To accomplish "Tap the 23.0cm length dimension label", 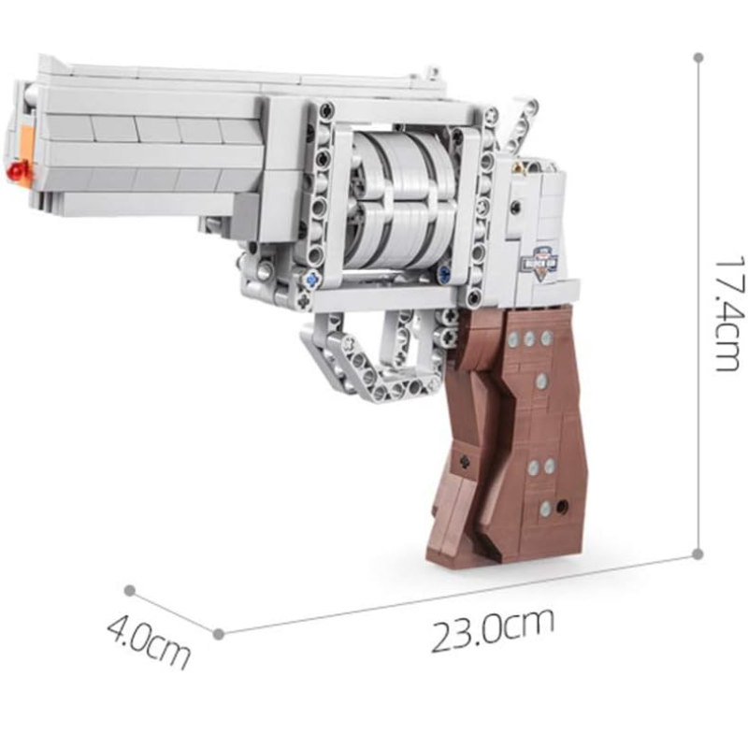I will pyautogui.click(x=493, y=629).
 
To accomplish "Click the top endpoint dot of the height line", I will pyautogui.click(x=698, y=57).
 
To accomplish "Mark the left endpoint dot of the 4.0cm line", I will pyautogui.click(x=129, y=591).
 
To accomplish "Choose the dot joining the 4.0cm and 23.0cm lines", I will pyautogui.click(x=218, y=633).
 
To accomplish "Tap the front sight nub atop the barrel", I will pyautogui.click(x=431, y=71).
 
